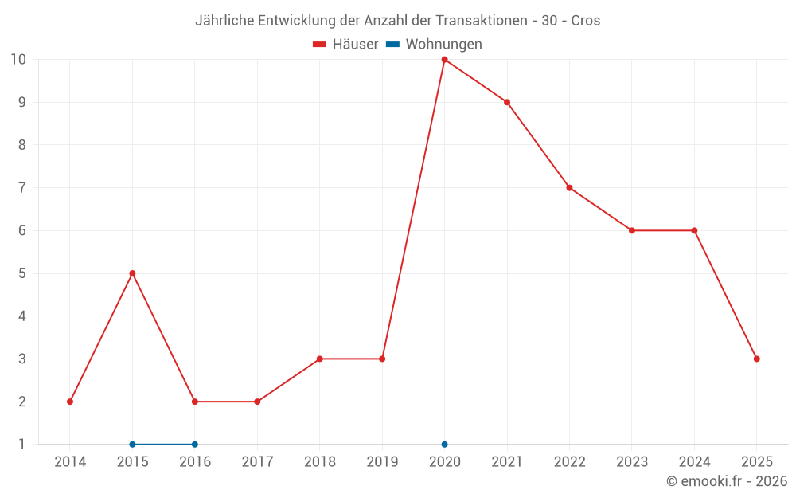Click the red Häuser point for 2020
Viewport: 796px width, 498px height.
click(x=444, y=60)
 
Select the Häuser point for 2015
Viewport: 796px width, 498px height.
click(x=132, y=273)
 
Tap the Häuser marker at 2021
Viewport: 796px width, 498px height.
click(x=507, y=102)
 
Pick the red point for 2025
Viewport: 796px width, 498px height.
click(x=756, y=359)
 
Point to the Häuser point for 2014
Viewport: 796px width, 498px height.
click(x=70, y=402)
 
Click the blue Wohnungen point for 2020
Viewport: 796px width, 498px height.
click(x=444, y=445)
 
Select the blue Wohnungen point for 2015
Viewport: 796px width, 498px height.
click(x=132, y=445)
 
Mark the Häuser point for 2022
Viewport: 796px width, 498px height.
click(x=569, y=188)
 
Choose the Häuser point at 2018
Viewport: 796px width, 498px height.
click(x=319, y=359)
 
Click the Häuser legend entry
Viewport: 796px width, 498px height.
click(x=345, y=45)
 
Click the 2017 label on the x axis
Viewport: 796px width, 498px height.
click(x=257, y=462)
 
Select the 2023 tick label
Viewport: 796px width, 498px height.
click(x=632, y=462)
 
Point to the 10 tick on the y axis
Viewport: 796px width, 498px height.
click(x=18, y=60)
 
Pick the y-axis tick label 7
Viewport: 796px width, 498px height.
click(x=21, y=188)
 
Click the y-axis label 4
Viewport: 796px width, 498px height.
click(x=21, y=316)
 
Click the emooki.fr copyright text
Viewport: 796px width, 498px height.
click(x=727, y=481)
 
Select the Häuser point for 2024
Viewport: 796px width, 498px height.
click(x=694, y=230)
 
